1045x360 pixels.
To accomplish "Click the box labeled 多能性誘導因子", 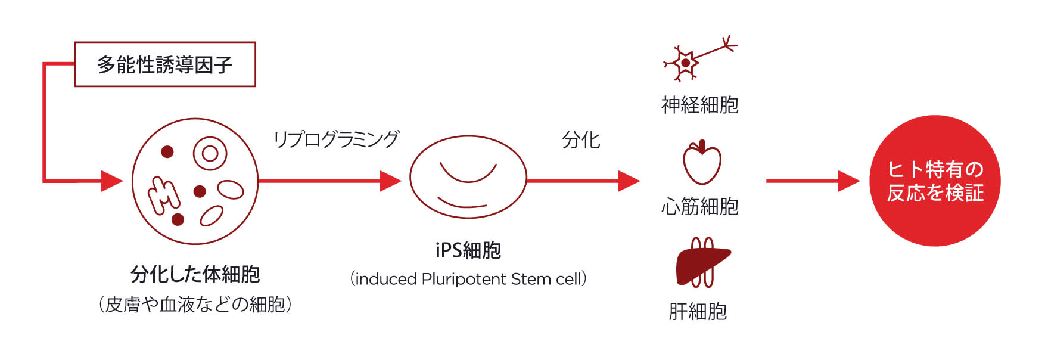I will coord(164,64).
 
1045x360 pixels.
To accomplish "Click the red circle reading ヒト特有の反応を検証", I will coord(934,181).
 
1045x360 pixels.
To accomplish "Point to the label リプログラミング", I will coord(336,139).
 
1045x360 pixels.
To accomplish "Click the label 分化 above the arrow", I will coord(581,140).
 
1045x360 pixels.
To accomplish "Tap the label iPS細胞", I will coord(468,250).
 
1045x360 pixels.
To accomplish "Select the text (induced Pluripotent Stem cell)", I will coord(468,279).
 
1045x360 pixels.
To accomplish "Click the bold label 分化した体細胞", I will coord(195,274).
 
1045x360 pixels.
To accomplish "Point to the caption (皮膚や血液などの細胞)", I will coord(195,305).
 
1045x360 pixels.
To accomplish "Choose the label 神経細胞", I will coord(700,105).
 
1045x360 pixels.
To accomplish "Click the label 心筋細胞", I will coord(700,207).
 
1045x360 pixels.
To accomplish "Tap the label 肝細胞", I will coord(698,311).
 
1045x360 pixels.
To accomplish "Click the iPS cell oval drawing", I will coord(468,178).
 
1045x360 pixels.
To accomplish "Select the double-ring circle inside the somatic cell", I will coord(210,154).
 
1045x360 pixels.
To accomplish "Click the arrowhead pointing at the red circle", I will coord(848,181).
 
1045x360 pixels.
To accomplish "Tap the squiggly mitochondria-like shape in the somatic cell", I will coord(163,194).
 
